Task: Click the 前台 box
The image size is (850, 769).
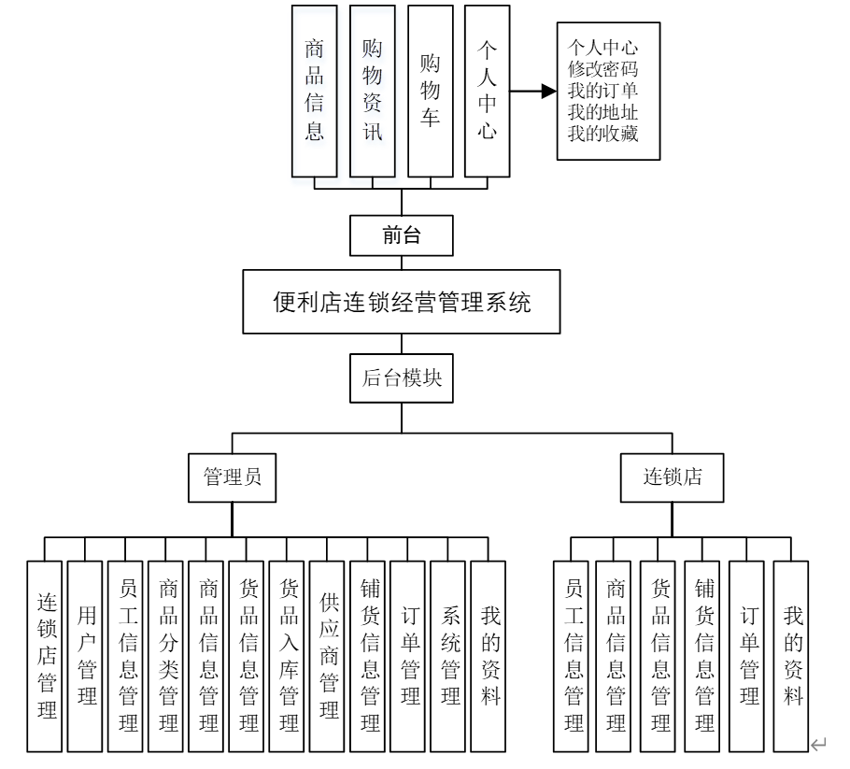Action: [x=402, y=235]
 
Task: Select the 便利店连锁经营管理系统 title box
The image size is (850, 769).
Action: [x=402, y=302]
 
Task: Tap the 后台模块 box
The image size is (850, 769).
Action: [x=402, y=378]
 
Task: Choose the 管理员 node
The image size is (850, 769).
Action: [x=232, y=476]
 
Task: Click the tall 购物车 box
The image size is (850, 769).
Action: [x=431, y=91]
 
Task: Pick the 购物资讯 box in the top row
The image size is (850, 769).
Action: [x=373, y=91]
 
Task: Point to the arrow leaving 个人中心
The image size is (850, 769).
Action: [x=535, y=92]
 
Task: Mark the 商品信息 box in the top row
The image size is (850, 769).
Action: [x=315, y=91]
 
